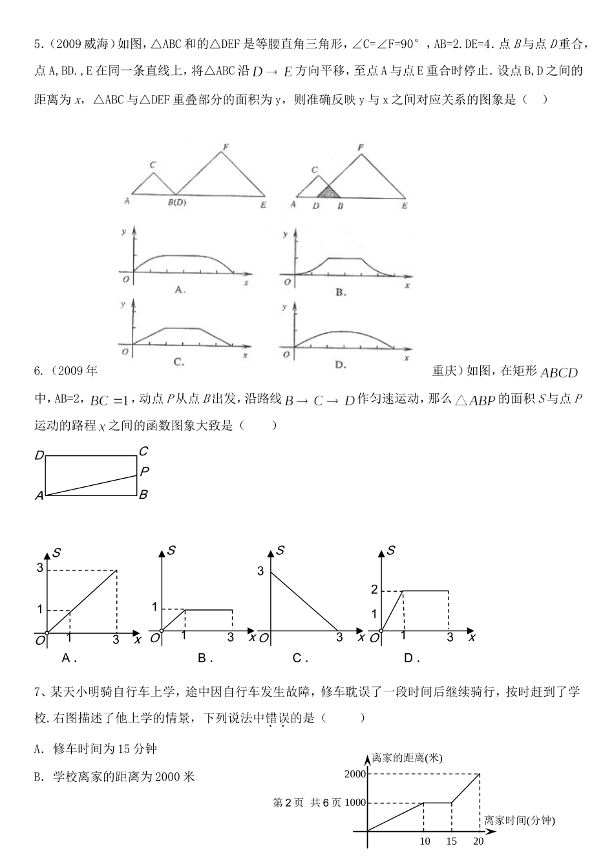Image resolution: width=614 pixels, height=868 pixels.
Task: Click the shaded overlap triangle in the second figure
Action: [329, 191]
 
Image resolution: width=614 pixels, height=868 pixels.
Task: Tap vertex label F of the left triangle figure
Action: [225, 147]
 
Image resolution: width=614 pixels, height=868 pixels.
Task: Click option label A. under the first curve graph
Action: [180, 290]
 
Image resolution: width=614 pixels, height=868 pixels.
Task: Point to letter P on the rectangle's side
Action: [144, 472]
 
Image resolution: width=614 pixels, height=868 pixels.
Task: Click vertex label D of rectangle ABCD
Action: [39, 457]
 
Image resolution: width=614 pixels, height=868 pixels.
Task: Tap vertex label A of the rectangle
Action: [39, 496]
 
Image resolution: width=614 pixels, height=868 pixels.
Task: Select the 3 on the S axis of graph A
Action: [39, 569]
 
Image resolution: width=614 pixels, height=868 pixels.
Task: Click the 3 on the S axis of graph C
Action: [260, 571]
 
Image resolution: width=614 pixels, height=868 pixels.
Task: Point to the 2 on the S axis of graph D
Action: [374, 590]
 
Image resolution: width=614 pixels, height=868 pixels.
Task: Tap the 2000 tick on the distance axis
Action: [355, 774]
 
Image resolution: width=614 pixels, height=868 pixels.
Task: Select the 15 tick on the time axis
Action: [451, 841]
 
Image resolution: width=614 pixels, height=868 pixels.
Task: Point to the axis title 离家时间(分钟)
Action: [519, 820]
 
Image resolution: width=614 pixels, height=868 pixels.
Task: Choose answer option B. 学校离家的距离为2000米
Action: [114, 776]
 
